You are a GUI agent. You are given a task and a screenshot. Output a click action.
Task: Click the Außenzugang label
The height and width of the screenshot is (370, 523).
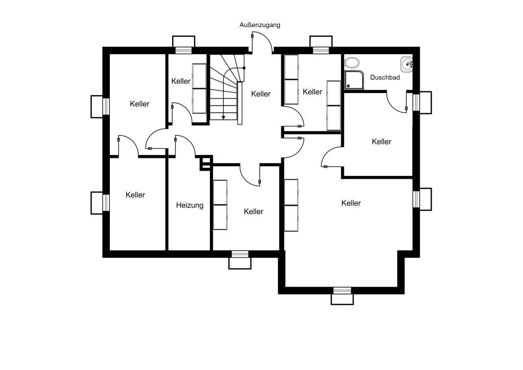(260, 25)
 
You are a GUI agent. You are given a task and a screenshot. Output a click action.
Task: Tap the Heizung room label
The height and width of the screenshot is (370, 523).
(190, 205)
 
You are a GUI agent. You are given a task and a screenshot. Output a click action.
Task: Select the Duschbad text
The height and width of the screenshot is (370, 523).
(385, 77)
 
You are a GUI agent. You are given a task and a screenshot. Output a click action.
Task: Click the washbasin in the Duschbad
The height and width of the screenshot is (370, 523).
(407, 64)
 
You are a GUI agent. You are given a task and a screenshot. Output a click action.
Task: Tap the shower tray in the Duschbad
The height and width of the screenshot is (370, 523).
(354, 80)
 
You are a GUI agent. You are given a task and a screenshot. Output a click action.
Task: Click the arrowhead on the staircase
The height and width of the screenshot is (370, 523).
(223, 118)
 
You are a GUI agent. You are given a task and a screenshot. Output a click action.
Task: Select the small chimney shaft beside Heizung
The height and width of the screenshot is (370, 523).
(206, 163)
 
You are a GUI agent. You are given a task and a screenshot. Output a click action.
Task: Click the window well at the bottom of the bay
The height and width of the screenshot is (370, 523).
(342, 296)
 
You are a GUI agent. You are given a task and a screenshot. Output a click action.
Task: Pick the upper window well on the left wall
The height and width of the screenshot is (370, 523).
(100, 106)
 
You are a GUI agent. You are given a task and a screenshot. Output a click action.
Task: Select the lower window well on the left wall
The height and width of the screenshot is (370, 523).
(100, 203)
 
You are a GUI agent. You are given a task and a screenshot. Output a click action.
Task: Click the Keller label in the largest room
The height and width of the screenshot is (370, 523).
(351, 203)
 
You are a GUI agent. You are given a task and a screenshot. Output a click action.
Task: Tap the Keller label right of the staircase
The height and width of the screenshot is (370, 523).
(261, 94)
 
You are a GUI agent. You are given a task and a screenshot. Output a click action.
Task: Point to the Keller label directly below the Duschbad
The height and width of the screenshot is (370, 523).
(382, 142)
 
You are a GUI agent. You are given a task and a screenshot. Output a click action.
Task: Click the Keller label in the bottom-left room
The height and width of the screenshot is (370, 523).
(135, 195)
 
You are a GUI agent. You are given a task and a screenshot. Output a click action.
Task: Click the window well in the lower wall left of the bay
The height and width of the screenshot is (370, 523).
(240, 260)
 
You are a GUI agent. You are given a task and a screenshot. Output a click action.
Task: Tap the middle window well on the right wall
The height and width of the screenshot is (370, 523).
(422, 199)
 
